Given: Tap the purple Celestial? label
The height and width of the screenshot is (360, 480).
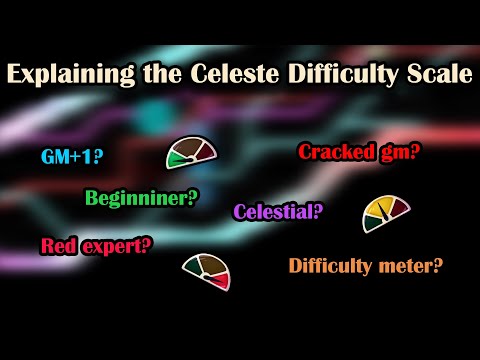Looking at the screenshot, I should pos(278,211).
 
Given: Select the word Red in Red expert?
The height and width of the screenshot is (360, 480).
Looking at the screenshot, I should pos(61,244).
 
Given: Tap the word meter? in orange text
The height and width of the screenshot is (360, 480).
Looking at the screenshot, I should pos(409,266).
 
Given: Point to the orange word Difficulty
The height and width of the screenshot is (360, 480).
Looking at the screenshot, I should pos(333,266).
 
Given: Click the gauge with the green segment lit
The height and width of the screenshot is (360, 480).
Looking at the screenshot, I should pos(190,151).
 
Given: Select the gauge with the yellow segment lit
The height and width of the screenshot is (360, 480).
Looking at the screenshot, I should pos(387,212).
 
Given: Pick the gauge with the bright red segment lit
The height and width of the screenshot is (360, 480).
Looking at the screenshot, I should pos(206,270).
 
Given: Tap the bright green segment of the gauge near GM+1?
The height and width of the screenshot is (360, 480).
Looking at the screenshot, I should pos(176,158).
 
